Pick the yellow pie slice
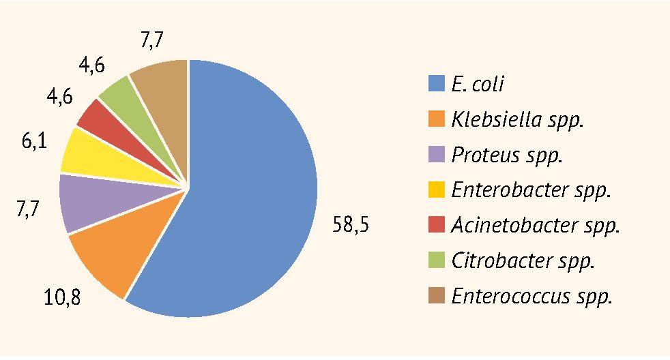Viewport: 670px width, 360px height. (x=92, y=153)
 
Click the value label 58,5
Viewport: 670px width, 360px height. (x=351, y=225)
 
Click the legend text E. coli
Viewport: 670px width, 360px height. (x=478, y=85)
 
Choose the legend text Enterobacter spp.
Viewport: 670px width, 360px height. (x=531, y=190)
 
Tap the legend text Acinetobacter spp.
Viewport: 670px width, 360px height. (x=536, y=226)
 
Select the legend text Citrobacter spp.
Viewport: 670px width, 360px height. (x=523, y=260)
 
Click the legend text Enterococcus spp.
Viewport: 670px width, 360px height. (x=532, y=296)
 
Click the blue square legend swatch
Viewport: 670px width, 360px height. (x=436, y=84)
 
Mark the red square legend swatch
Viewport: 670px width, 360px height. (x=436, y=225)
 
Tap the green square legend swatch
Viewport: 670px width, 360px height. (x=436, y=260)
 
